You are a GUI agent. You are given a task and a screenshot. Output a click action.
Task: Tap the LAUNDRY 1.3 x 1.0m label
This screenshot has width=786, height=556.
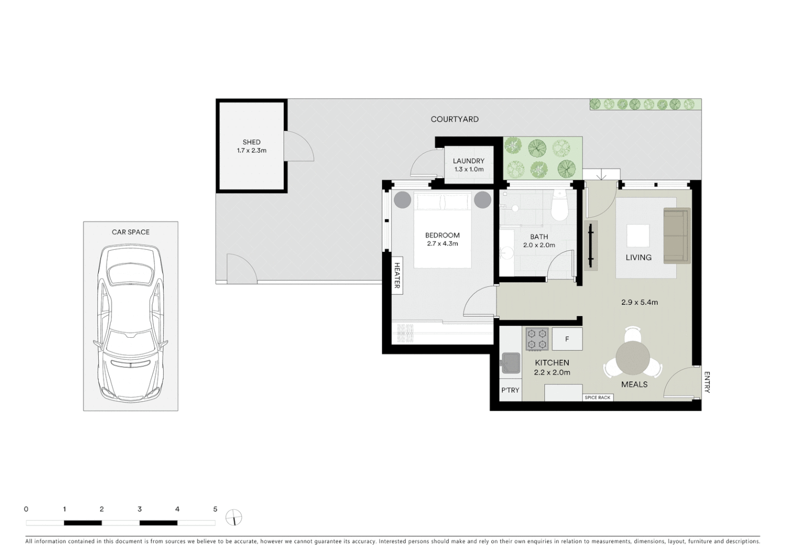[469, 165]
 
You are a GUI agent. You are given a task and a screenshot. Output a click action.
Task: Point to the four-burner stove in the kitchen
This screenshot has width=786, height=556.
[537, 339]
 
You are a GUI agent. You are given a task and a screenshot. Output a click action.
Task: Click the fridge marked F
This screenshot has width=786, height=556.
[567, 339]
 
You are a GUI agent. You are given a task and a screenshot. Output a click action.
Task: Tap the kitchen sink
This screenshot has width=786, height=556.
[511, 362]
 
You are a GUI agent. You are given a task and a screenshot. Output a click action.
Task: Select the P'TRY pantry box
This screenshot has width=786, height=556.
[510, 390]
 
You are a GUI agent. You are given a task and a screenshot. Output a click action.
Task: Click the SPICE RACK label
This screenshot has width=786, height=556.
[598, 397]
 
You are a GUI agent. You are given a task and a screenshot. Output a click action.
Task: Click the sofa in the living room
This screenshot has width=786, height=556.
[676, 236]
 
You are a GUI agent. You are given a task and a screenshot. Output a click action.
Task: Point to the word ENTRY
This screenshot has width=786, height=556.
[707, 382]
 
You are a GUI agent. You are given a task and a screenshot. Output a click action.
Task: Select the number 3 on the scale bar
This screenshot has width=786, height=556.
[139, 509]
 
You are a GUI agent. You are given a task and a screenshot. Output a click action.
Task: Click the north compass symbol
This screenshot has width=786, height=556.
[234, 517]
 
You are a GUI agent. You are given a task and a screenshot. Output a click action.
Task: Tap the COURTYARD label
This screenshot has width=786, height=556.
[454, 119]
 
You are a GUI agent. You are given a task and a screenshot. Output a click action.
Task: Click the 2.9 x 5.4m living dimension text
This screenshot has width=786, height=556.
[639, 302]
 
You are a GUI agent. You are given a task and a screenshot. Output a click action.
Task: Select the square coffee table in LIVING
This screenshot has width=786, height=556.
[638, 236]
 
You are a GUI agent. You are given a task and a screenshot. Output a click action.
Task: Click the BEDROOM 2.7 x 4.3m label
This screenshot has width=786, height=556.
[442, 239]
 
